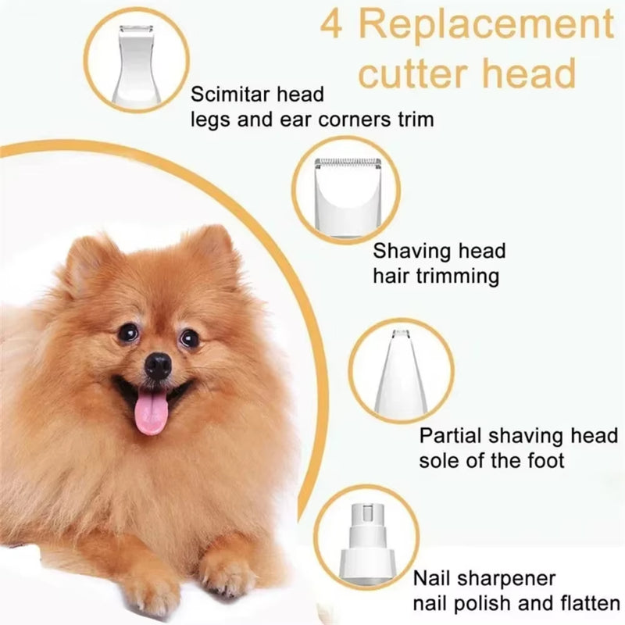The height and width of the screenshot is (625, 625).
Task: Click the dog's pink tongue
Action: point(152,412)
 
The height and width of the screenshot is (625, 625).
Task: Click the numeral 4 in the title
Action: point(334,25)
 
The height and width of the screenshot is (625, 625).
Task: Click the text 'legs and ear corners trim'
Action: point(312,120)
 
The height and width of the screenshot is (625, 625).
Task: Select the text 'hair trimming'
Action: point(436,275)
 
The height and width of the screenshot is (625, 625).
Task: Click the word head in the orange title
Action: point(533,74)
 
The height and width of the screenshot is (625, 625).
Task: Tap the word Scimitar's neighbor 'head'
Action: point(302,96)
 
